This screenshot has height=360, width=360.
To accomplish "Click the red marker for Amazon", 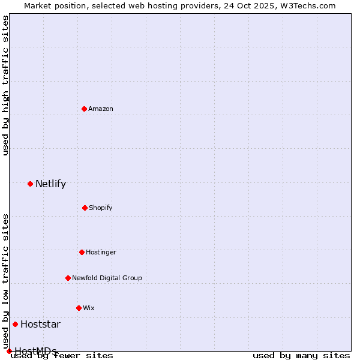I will [84, 109].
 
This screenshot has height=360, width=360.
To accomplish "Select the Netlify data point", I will [30, 184].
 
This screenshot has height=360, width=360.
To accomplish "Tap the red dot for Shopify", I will [85, 208].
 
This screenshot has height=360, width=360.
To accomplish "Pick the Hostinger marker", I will [82, 252].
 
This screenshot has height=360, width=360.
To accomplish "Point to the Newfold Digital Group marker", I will [68, 278].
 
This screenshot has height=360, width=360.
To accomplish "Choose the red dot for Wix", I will [79, 308].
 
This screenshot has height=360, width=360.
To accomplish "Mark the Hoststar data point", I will [15, 324].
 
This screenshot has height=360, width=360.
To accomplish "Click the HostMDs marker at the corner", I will [9, 351].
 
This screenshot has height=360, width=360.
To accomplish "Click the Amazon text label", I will [101, 109].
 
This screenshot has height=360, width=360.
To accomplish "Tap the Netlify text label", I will [50, 184].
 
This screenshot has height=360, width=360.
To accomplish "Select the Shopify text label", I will [101, 208].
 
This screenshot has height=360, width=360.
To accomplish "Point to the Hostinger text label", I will [101, 252].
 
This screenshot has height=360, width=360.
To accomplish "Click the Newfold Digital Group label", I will [107, 278].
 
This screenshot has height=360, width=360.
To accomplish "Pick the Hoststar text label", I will [40, 325].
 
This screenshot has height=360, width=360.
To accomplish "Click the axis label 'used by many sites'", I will [301, 356].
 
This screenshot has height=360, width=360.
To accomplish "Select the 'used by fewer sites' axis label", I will [62, 356].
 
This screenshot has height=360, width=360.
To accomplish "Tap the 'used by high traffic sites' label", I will [6, 85].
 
